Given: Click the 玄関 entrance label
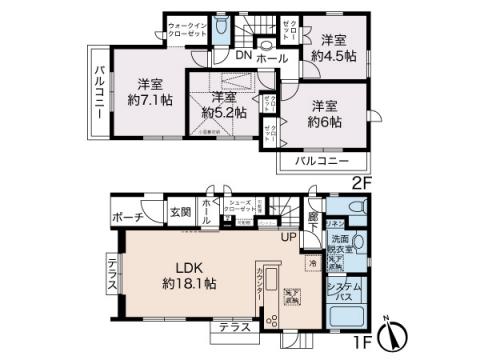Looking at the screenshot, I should [x=180, y=211].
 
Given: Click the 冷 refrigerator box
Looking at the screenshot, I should [x=313, y=262].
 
